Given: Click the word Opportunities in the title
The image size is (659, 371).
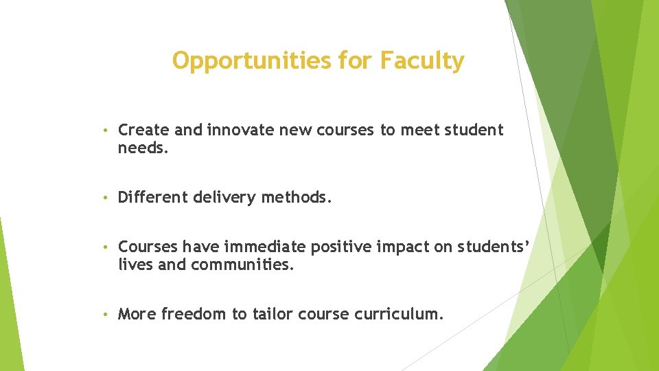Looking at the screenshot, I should click(x=252, y=61).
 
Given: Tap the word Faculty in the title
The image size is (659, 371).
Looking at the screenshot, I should click(x=422, y=61).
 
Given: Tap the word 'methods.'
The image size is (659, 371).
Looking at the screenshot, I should click(x=299, y=199).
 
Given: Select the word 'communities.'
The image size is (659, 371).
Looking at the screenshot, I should click(x=242, y=264).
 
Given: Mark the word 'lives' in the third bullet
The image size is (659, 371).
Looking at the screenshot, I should click(x=135, y=264).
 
